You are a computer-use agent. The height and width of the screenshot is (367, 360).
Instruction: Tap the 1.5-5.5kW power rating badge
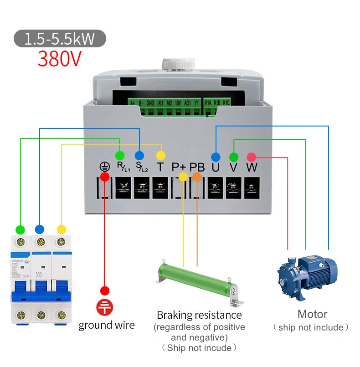tap(60, 39)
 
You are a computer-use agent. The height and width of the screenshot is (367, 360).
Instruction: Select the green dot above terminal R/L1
tap(120, 155)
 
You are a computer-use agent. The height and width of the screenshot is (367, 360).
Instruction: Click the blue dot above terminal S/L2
tap(139, 155)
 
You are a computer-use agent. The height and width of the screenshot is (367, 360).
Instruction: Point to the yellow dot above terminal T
tap(159, 155)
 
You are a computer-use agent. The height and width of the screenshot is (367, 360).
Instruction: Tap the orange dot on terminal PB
tap(197, 177)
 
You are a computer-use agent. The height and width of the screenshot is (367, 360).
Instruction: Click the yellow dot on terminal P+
tap(183, 177)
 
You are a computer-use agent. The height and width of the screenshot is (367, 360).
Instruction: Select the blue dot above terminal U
tap(216, 157)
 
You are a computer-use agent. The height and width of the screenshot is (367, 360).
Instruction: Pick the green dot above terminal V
tap(234, 157)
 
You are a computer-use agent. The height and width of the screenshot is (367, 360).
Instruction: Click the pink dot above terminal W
tap(251, 157)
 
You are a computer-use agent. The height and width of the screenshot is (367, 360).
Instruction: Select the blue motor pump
tap(306, 274)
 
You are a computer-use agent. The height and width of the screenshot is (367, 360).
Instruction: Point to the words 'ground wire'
tap(107, 325)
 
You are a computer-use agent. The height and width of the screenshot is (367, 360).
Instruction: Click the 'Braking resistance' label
tap(199, 315)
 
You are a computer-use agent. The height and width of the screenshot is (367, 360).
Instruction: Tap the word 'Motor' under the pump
tap(312, 314)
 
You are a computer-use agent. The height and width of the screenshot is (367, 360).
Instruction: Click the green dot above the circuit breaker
tap(20, 229)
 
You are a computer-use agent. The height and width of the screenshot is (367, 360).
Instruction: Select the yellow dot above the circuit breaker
tap(61, 229)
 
